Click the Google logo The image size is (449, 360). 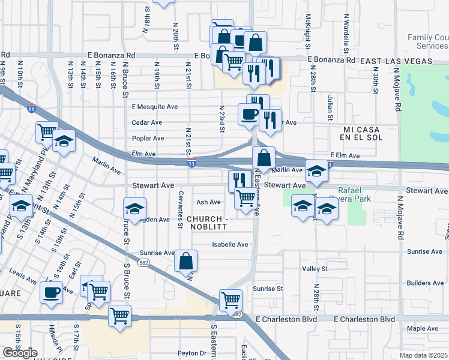pyautogui.click(x=20, y=353)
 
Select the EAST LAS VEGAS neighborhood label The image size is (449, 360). pyautogui.click(x=396, y=61)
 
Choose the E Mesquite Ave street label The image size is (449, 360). pyautogui.click(x=155, y=107)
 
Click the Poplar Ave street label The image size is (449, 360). pyautogui.click(x=148, y=138)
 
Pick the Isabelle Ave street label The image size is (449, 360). pyautogui.click(x=231, y=244)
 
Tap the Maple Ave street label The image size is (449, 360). pyautogui.click(x=423, y=328)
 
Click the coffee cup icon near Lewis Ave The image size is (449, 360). pyautogui.click(x=51, y=293)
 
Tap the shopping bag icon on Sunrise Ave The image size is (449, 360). pyautogui.click(x=185, y=260)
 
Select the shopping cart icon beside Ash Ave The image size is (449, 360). pyautogui.click(x=245, y=197)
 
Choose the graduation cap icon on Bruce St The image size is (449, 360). pyautogui.click(x=134, y=209)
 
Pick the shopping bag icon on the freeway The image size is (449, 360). pyautogui.click(x=264, y=158)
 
